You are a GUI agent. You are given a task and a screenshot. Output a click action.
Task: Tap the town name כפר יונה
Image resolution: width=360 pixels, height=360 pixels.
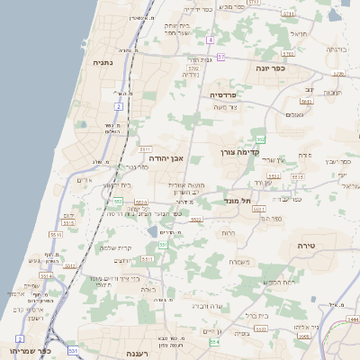270,68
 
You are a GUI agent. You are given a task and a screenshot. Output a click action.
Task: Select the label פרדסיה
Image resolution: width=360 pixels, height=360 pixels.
222,94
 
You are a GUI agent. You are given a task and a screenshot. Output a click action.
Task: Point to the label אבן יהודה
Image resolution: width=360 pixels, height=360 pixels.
164,157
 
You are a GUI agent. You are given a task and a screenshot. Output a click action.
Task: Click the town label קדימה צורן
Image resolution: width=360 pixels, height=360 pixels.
240,153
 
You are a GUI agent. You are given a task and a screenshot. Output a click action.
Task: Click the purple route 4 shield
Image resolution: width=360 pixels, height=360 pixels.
210,40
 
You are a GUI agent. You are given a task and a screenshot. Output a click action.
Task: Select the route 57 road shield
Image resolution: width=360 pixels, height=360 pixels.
221,57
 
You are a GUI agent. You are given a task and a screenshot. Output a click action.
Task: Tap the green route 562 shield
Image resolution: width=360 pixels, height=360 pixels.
260,139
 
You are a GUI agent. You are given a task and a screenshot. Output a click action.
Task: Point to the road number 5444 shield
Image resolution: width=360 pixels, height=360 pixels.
353,319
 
